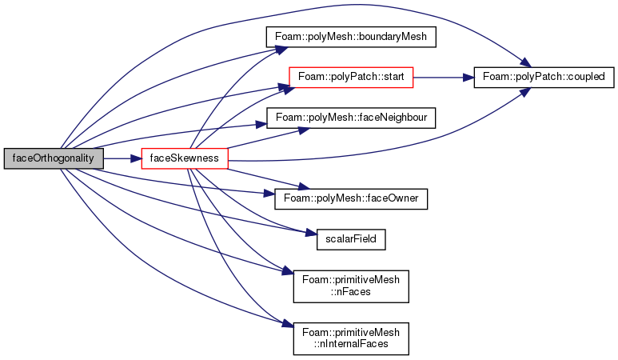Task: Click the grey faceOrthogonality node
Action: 54,158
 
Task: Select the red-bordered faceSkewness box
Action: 185,158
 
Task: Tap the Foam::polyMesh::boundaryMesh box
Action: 351,37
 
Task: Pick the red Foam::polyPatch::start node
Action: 351,78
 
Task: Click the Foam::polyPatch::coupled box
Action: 544,78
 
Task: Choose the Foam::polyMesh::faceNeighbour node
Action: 351,118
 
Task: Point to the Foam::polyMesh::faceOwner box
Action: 351,198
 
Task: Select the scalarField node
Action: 351,239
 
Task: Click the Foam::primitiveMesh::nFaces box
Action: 351,286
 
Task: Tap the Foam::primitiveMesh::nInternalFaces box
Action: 351,338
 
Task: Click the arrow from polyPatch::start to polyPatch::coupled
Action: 444,78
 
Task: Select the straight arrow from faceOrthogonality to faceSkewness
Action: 122,158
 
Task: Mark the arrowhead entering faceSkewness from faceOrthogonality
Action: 136,158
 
